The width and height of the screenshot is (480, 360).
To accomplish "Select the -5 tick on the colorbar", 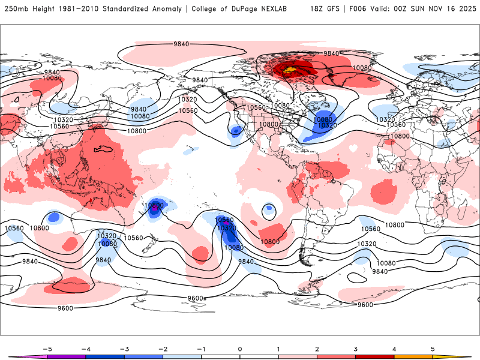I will point(46,349).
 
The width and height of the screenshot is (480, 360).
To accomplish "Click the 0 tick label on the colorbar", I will point(240,349).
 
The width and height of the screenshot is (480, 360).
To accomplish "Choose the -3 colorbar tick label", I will point(124,349).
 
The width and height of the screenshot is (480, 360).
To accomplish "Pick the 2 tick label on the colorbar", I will point(317,349).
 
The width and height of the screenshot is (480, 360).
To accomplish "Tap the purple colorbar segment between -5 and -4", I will point(66,356).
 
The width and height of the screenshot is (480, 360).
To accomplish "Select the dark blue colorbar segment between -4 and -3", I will point(104,356).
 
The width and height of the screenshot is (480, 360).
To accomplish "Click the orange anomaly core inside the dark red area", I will point(290,71).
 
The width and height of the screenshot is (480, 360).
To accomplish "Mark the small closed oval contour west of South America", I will point(268,211).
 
